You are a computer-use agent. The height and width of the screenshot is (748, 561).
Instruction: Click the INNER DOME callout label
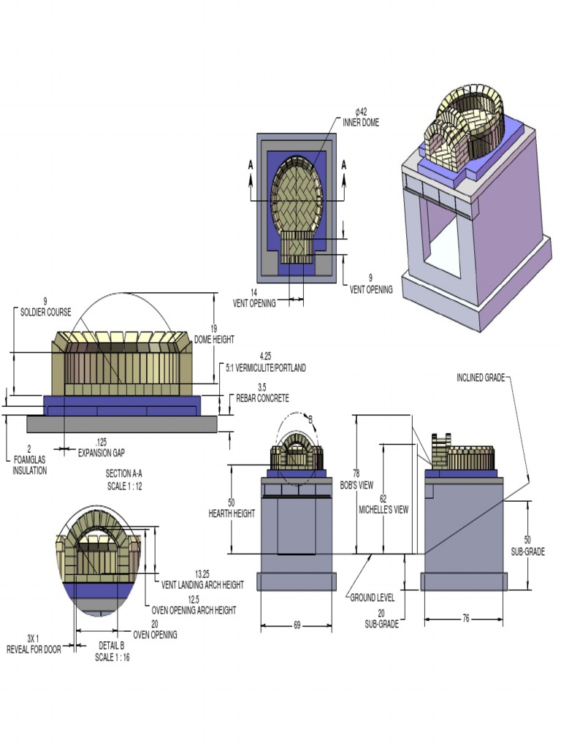pyautogui.click(x=361, y=122)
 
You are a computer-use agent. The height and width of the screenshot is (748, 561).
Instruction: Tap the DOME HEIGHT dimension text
pyautogui.click(x=214, y=340)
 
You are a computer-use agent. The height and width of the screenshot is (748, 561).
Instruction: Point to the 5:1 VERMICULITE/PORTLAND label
pyautogui.click(x=266, y=367)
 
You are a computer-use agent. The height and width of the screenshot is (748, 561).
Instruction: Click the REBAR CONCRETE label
pyautogui.click(x=262, y=398)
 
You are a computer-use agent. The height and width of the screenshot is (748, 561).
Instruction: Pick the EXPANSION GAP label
pyautogui.click(x=102, y=452)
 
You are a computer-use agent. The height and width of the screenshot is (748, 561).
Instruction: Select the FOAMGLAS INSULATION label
pyautogui.click(x=29, y=470)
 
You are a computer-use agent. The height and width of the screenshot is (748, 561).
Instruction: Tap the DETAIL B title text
pyautogui.click(x=112, y=645)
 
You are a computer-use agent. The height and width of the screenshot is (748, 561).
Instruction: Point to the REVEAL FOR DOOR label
pyautogui.click(x=33, y=649)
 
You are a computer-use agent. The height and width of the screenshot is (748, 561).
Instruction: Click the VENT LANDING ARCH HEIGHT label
pyautogui.click(x=202, y=584)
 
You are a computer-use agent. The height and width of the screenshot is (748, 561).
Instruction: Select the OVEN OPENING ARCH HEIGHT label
pyautogui.click(x=194, y=609)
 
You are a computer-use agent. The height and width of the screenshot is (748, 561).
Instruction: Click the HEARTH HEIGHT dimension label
pyautogui.click(x=232, y=514)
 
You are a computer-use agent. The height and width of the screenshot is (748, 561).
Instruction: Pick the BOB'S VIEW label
pyautogui.click(x=356, y=485)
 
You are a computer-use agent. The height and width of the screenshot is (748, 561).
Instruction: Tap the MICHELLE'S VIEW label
pyautogui.click(x=383, y=510)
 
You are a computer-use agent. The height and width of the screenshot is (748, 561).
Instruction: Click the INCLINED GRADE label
pyautogui.click(x=480, y=378)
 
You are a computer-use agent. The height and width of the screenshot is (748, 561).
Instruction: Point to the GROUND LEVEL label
pyautogui.click(x=372, y=598)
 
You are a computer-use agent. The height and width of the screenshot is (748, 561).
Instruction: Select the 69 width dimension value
pyautogui.click(x=297, y=626)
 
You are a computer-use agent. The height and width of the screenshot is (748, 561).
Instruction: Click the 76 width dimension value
pyautogui.click(x=465, y=619)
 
